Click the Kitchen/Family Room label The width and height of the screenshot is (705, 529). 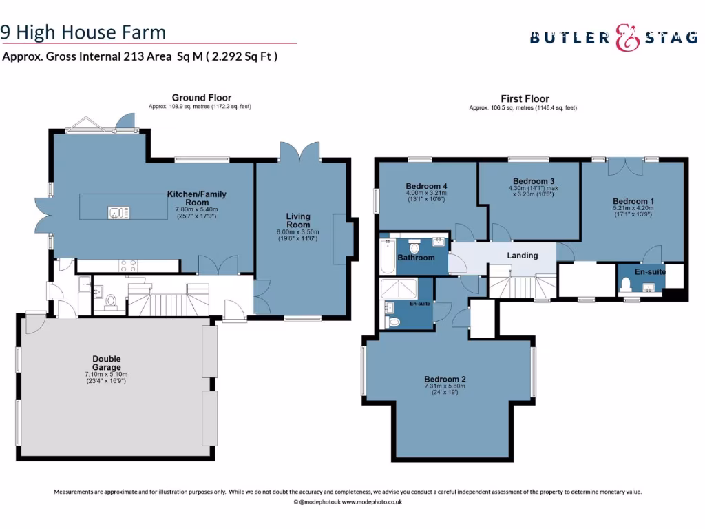(x=197, y=198)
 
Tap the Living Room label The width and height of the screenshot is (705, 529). (x=298, y=220)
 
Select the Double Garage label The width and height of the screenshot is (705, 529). (x=107, y=363)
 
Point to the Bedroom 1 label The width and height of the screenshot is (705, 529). (x=633, y=202)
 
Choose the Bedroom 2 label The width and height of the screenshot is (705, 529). (x=445, y=380)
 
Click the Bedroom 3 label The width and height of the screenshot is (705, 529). (x=534, y=181)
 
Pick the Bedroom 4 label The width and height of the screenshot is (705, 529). (x=426, y=186)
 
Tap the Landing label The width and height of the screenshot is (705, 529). (x=523, y=256)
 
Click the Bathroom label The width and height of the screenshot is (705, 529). (x=416, y=258)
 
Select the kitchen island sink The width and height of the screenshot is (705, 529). (x=118, y=212)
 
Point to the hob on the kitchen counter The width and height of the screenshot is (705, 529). (x=128, y=266)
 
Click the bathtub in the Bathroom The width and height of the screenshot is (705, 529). (x=388, y=256)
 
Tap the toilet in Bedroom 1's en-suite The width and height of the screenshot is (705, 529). (x=625, y=284)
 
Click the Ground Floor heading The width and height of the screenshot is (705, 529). (x=202, y=98)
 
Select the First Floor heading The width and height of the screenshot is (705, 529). (x=525, y=98)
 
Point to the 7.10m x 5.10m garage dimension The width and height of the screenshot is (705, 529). (x=106, y=374)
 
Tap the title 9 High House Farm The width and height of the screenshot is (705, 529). (x=83, y=32)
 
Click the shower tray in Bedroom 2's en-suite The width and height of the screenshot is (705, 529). (x=399, y=288)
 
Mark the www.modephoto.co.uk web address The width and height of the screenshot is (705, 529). (x=372, y=502)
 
